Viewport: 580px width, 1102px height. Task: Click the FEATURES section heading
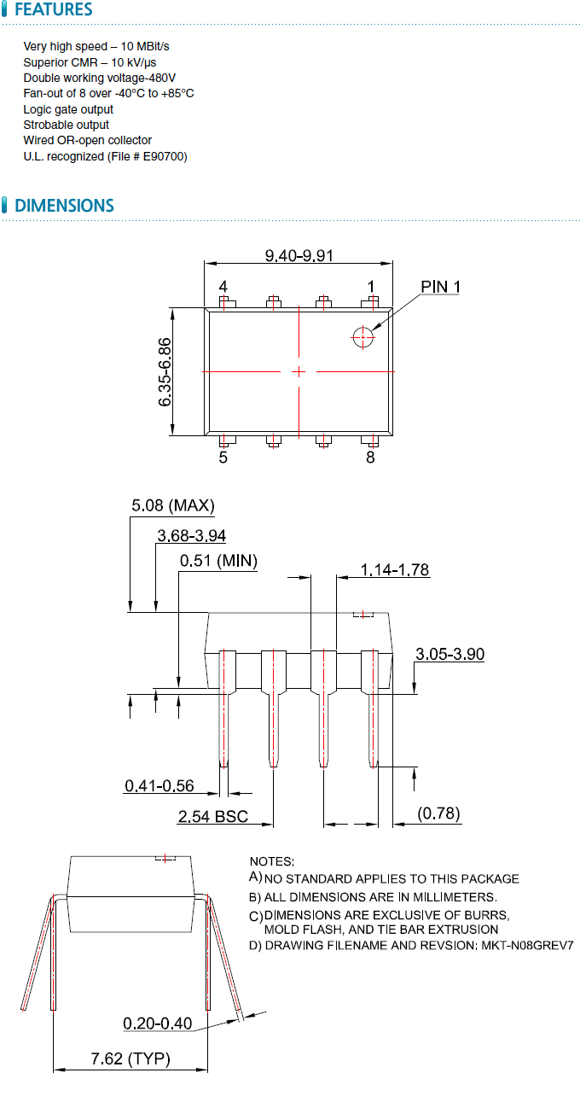pos(53,10)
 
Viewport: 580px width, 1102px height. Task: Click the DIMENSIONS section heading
pos(64,206)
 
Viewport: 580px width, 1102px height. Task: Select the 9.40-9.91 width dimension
pos(298,255)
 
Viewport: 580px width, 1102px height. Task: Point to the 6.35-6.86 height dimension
pos(165,371)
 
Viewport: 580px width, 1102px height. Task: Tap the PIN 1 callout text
pos(440,287)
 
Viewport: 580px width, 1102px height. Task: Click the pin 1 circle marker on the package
pos(362,338)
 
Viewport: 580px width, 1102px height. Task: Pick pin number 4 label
pos(223,286)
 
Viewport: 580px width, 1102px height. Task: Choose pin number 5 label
pos(223,458)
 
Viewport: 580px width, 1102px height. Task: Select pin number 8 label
pos(370,458)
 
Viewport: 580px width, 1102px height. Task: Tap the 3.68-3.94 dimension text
pos(192,535)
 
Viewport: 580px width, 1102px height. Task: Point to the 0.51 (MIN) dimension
pos(218,561)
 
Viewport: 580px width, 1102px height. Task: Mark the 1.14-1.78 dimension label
pos(395,569)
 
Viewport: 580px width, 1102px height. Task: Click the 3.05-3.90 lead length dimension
pos(449,654)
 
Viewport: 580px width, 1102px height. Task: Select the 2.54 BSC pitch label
pos(213,817)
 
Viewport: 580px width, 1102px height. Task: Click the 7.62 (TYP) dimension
pos(130,1059)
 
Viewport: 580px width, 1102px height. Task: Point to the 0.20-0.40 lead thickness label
pos(158,1023)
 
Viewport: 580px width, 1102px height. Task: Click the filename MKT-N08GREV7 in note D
pos(525,946)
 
